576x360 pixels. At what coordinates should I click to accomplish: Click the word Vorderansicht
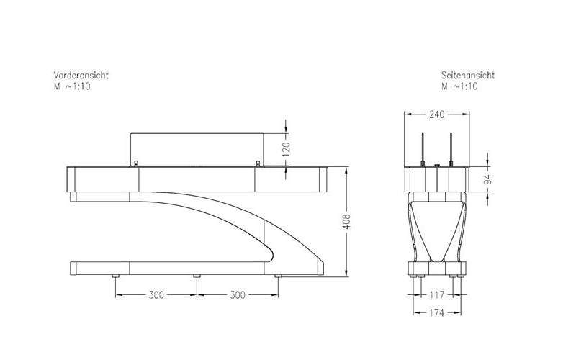pyautogui.click(x=81, y=76)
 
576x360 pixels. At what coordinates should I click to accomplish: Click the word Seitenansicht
pyautogui.click(x=468, y=76)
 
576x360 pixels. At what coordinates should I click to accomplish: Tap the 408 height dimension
pyautogui.click(x=346, y=222)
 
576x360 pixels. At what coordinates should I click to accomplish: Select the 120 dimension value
pyautogui.click(x=286, y=149)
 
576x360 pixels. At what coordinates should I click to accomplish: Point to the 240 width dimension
pyautogui.click(x=437, y=114)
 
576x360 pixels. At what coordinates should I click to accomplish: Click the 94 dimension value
pyautogui.click(x=487, y=180)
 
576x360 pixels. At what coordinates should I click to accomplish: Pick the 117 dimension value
pyautogui.click(x=437, y=294)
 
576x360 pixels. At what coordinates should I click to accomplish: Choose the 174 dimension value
pyautogui.click(x=437, y=313)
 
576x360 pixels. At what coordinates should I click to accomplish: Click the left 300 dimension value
pyautogui.click(x=156, y=295)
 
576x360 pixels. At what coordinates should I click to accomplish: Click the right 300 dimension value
pyautogui.click(x=238, y=295)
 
